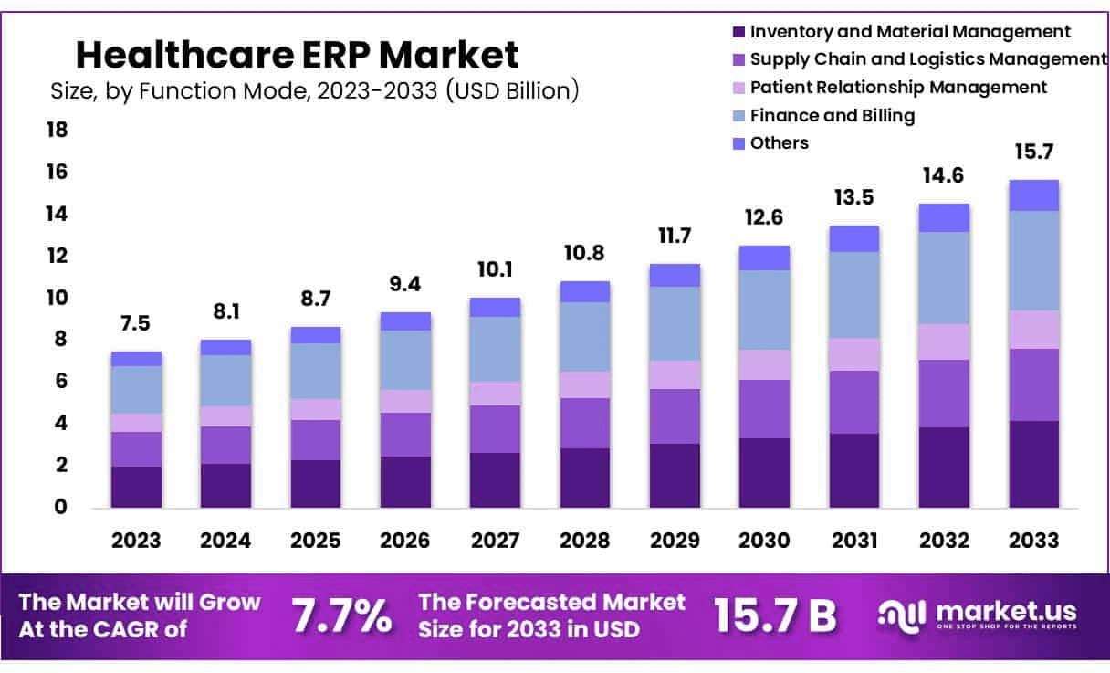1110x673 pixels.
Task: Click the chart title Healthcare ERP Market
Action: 298,55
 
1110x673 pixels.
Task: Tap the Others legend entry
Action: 779,143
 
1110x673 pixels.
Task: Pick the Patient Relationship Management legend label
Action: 898,88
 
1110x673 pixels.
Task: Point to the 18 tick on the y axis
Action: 57,131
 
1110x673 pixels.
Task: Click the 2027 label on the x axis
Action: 495,540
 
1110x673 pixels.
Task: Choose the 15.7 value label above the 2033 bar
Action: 1033,152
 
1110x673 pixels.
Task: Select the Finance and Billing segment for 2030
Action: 764,310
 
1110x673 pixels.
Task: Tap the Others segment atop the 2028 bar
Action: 584,291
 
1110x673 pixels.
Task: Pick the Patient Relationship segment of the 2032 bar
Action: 944,342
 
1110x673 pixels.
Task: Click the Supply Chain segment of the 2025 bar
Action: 315,440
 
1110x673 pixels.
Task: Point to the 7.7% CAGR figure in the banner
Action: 341,616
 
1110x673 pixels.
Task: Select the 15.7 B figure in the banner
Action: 775,616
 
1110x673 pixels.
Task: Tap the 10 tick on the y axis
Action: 57,299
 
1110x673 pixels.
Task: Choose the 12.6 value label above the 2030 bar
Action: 764,218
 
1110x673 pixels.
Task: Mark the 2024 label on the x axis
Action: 225,540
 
